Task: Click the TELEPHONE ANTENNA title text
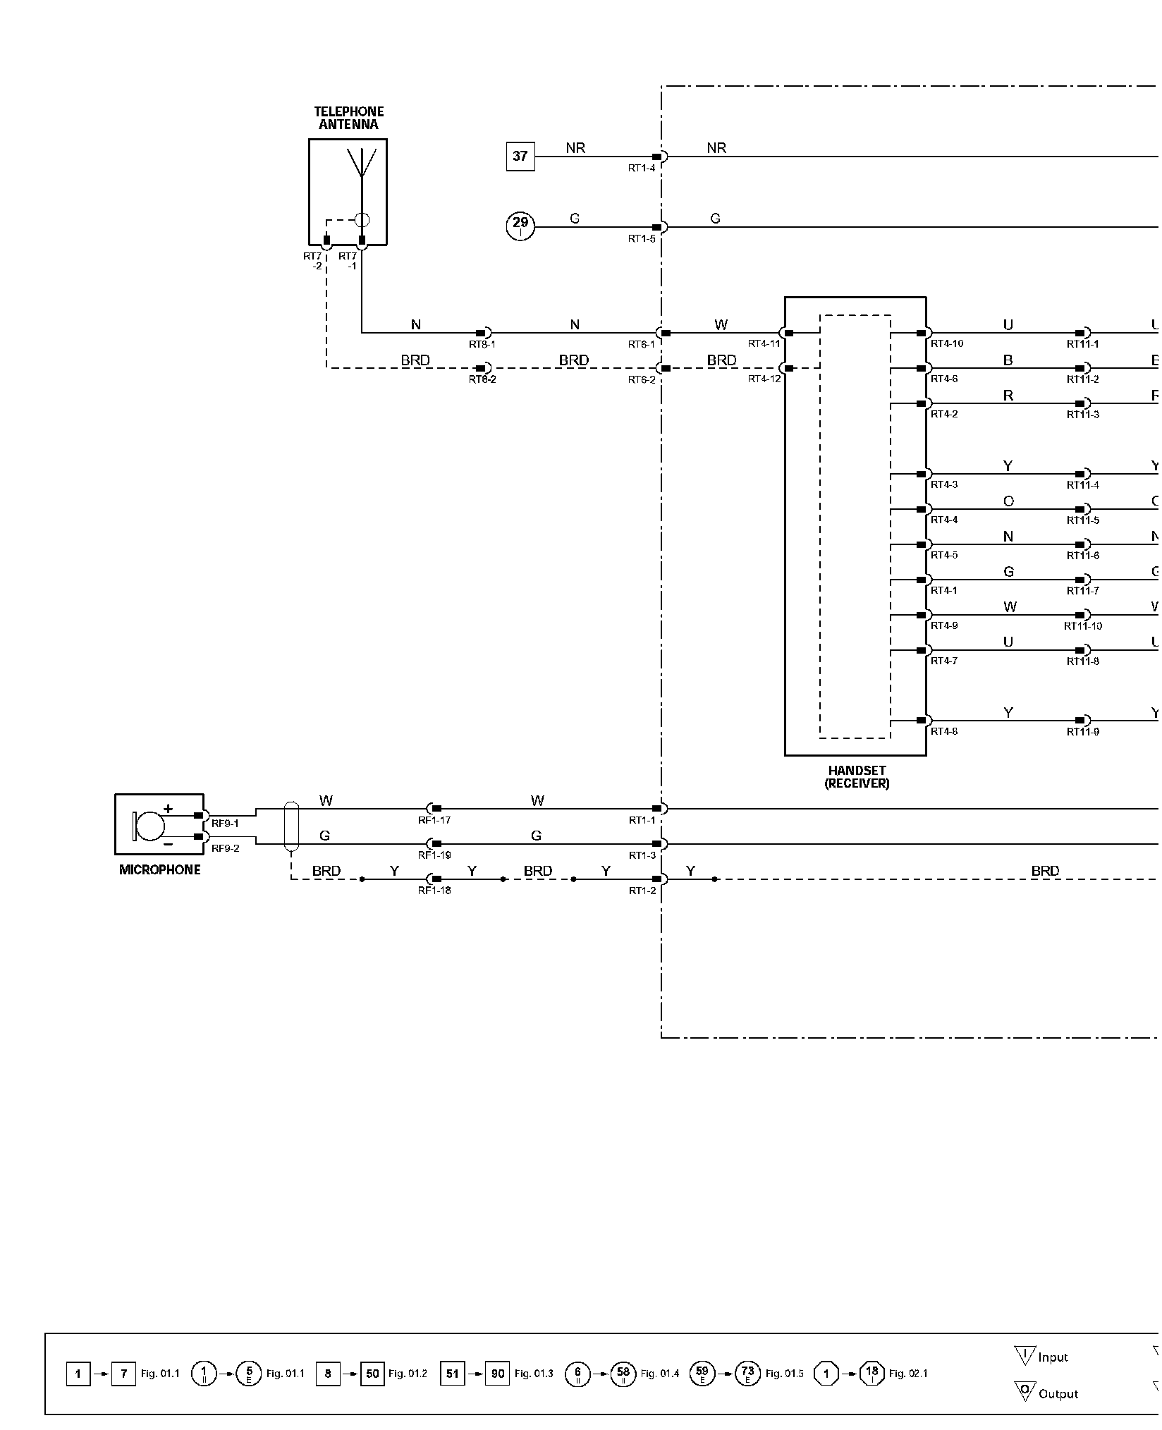(348, 118)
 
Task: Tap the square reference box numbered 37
(520, 157)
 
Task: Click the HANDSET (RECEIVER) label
(857, 777)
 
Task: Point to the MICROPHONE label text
(160, 869)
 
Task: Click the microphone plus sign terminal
(169, 809)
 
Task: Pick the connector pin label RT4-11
(764, 344)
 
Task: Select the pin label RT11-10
(1083, 626)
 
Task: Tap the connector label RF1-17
(434, 820)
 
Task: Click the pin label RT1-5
(642, 239)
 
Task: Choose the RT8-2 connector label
(482, 379)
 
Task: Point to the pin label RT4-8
(944, 731)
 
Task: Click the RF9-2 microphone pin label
(225, 848)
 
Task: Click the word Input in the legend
(1053, 1357)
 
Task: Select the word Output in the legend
(1058, 1393)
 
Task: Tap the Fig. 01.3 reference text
(534, 1374)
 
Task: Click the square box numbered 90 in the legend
(497, 1374)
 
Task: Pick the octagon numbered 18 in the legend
(872, 1373)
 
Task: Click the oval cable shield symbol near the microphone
(291, 826)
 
